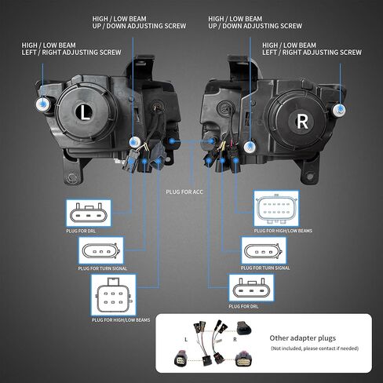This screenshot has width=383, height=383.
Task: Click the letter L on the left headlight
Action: pyautogui.click(x=84, y=113)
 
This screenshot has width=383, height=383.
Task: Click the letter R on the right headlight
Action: pyautogui.click(x=302, y=122)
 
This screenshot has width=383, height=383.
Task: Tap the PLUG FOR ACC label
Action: pyautogui.click(x=184, y=192)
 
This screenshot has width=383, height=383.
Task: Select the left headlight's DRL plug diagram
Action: pyautogui.click(x=89, y=213)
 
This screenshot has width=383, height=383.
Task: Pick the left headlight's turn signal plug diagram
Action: pyautogui.click(x=101, y=251)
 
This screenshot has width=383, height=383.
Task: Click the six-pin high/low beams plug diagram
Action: pyautogui.click(x=114, y=295)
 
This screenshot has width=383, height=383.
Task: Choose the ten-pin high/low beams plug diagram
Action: pyautogui.click(x=276, y=209)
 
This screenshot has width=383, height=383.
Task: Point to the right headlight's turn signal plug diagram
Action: pyautogui.click(x=264, y=250)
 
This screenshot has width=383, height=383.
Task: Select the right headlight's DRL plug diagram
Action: pyautogui.click(x=251, y=288)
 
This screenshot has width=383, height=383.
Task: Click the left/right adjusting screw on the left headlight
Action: pyautogui.click(x=42, y=104)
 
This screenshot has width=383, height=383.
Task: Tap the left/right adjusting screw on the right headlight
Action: pyautogui.click(x=339, y=110)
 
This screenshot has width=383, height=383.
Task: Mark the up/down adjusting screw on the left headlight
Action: pyautogui.click(x=135, y=142)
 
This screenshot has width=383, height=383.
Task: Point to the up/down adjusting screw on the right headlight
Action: pyautogui.click(x=250, y=147)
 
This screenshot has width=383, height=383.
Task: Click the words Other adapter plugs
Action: pyautogui.click(x=303, y=338)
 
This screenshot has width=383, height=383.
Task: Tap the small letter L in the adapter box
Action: pyautogui.click(x=186, y=340)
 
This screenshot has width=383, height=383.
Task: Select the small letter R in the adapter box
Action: pyautogui.click(x=235, y=340)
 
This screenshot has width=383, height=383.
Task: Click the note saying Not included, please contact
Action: pyautogui.click(x=315, y=348)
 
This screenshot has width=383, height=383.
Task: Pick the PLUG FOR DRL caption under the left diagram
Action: pyautogui.click(x=81, y=231)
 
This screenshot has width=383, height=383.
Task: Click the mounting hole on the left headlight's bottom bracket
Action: pyautogui.click(x=72, y=178)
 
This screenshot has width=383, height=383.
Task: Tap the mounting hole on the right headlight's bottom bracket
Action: pyautogui.click(x=310, y=177)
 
